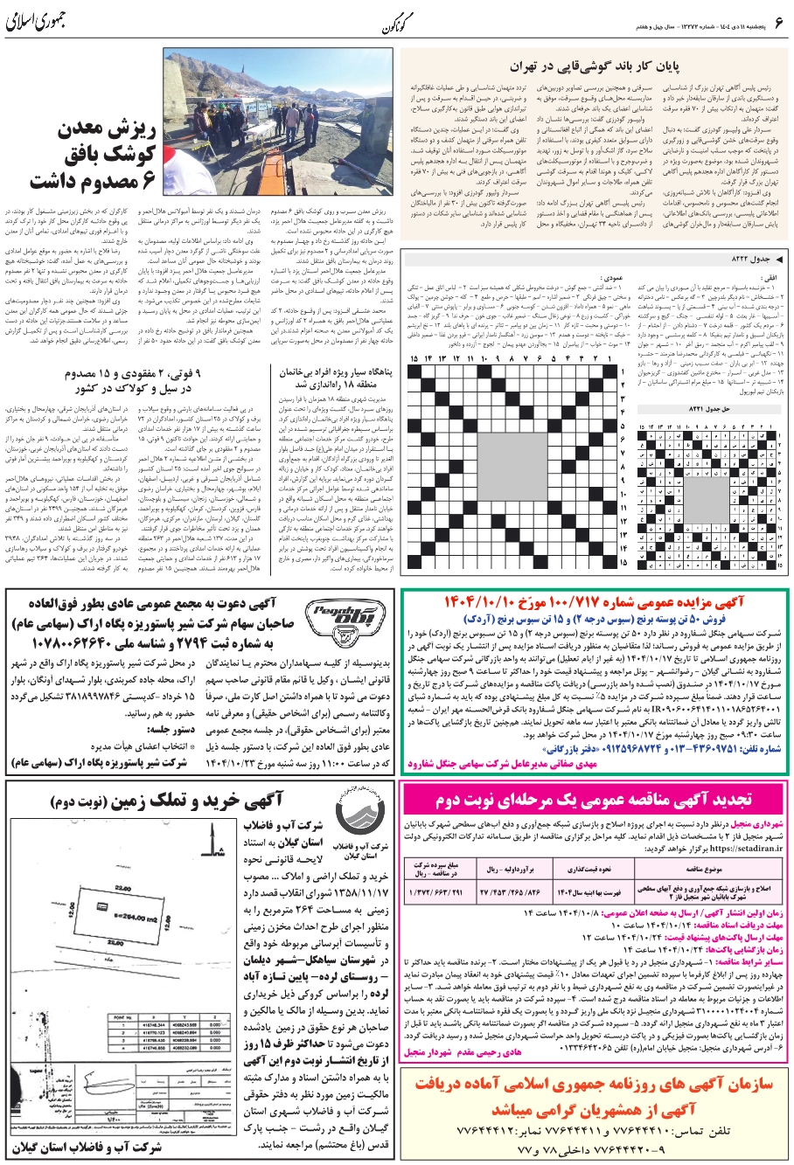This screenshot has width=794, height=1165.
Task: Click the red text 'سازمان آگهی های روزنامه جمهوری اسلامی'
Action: pyautogui.click(x=594, y=1085)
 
